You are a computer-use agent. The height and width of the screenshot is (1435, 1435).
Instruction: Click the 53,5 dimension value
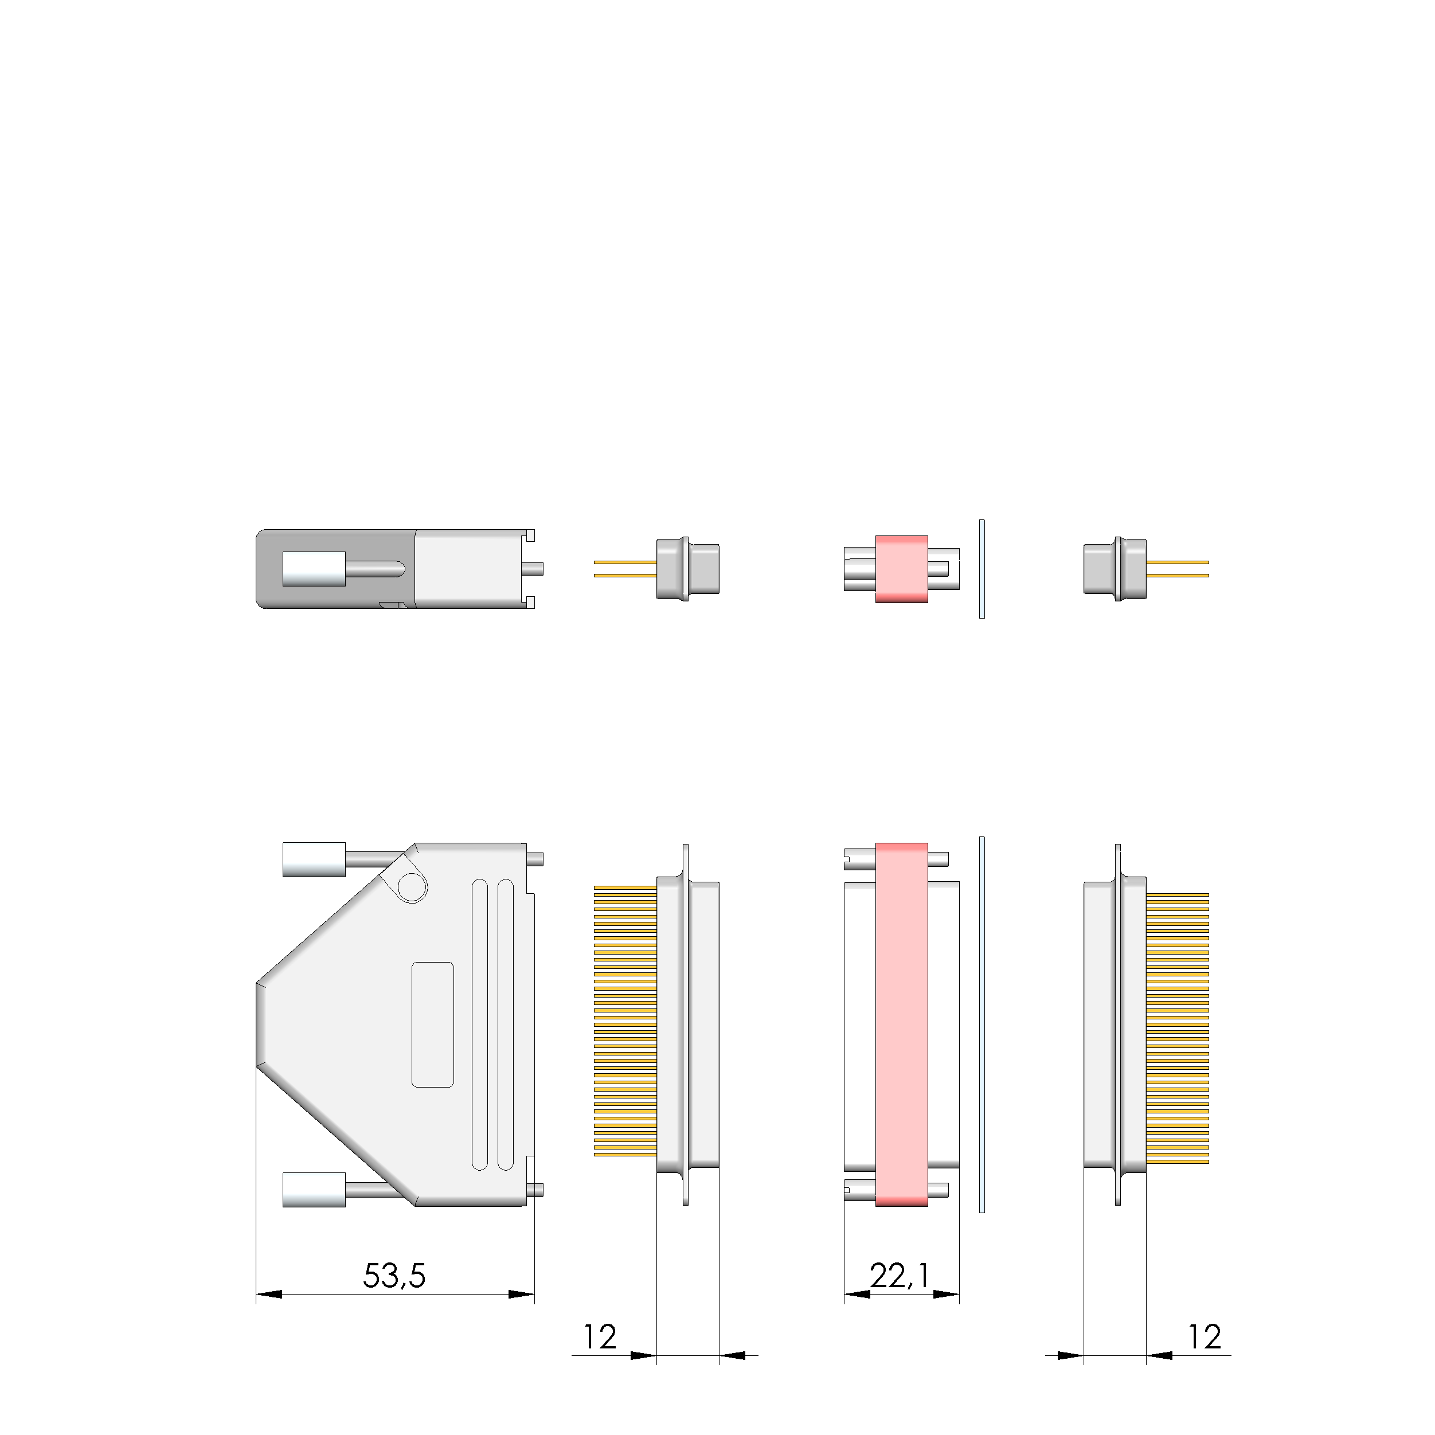[394, 1276]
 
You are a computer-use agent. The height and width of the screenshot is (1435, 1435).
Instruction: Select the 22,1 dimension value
[900, 1276]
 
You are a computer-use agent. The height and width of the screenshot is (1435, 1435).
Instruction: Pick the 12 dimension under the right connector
[1204, 1337]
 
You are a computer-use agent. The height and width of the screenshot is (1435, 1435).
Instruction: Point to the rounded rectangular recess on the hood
[432, 1025]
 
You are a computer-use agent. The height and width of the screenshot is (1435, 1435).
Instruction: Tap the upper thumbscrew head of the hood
[314, 859]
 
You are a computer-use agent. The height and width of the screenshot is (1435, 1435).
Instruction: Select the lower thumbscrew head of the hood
[314, 1190]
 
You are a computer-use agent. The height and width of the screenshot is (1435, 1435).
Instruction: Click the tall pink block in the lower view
[902, 1025]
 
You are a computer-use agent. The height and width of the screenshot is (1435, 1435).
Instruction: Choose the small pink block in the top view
[902, 569]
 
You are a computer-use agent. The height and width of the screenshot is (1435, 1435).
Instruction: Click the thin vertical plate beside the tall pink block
[982, 1025]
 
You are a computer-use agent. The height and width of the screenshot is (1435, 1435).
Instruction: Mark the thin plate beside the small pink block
[982, 569]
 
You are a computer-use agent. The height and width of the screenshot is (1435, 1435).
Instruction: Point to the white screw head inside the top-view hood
[314, 569]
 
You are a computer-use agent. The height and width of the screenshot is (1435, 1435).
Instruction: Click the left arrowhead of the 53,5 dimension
[269, 1295]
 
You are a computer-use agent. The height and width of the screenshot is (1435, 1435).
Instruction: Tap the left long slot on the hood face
[480, 1025]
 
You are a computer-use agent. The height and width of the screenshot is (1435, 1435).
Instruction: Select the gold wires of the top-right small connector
[1177, 569]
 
